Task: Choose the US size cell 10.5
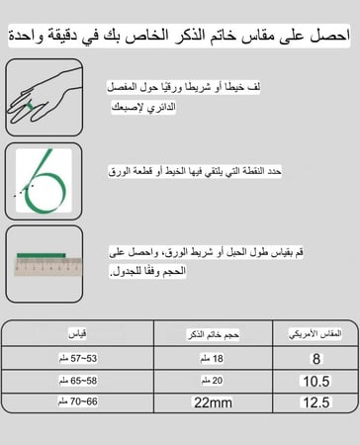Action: (x=315, y=380)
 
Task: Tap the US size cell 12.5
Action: (x=315, y=402)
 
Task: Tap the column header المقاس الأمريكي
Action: (x=315, y=333)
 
